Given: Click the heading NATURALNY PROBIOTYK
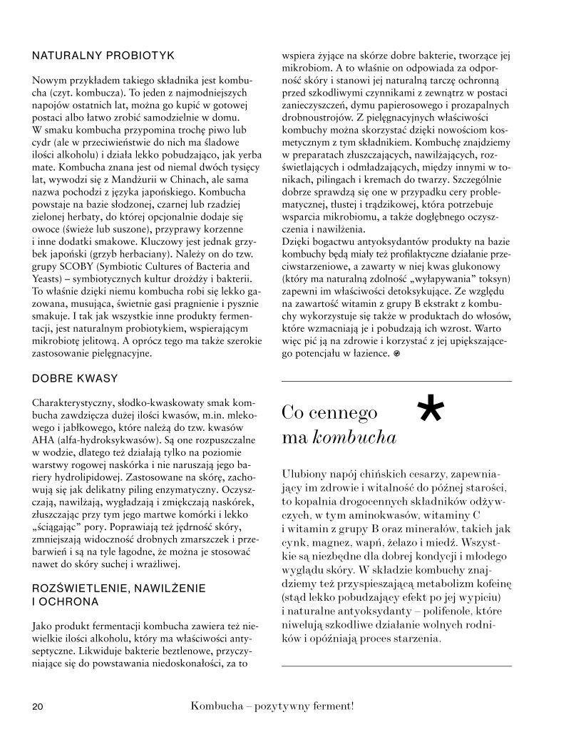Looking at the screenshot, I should [x=104, y=54].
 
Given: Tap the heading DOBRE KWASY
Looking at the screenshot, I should [x=75, y=377].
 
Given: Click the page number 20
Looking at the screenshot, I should [x=38, y=707].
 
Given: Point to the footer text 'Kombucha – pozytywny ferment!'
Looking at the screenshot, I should [x=272, y=706].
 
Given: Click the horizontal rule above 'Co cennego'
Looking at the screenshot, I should [x=396, y=382].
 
